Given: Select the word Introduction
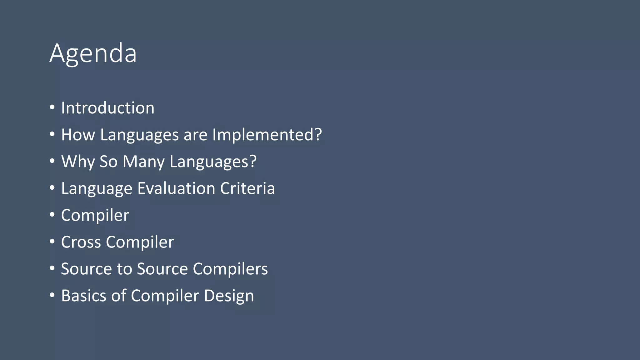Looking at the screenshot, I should pyautogui.click(x=107, y=108).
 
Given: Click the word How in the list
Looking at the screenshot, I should pyautogui.click(x=78, y=135).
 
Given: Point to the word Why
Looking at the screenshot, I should pyautogui.click(x=78, y=162).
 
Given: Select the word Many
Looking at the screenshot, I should pyautogui.click(x=143, y=162).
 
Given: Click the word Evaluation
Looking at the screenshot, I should pyautogui.click(x=176, y=188).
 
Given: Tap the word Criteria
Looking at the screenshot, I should pyautogui.click(x=247, y=188).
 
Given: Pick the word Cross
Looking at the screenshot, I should pyautogui.click(x=81, y=242).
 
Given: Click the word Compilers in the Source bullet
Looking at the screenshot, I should pyautogui.click(x=230, y=269).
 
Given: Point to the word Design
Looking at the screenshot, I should pyautogui.click(x=229, y=296).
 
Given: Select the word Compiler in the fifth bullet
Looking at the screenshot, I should pyautogui.click(x=95, y=215).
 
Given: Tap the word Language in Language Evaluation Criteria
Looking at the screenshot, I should pyautogui.click(x=97, y=189).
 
